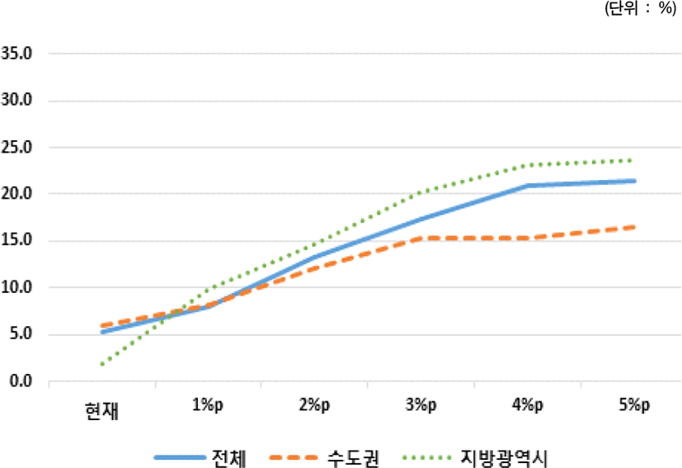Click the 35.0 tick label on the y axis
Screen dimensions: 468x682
(17, 54)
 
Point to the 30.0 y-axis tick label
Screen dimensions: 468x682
(17, 101)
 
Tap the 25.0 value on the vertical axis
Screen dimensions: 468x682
(17, 148)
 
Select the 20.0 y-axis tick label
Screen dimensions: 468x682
(17, 194)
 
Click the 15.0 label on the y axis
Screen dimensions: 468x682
(17, 241)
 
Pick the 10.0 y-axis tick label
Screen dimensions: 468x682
(17, 288)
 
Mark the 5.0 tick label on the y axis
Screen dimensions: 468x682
(21, 334)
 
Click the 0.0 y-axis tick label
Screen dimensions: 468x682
(21, 381)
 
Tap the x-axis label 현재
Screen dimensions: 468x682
(102, 410)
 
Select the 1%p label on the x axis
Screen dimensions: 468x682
(207, 404)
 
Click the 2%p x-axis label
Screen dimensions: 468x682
(314, 404)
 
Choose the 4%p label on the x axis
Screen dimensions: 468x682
(527, 404)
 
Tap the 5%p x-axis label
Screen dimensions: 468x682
(633, 404)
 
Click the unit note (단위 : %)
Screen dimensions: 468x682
(641, 10)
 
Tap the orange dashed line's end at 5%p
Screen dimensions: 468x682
(633, 227)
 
